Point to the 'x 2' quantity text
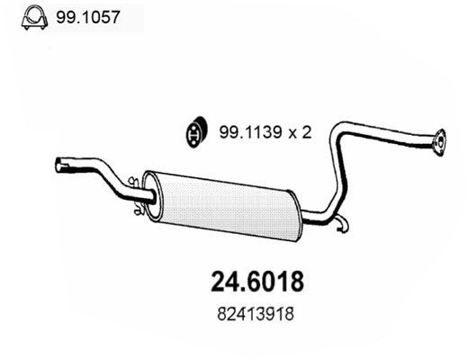click(298, 131)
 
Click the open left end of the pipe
click(60, 166)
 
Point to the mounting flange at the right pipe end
click(439, 139)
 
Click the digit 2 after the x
click(306, 131)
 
